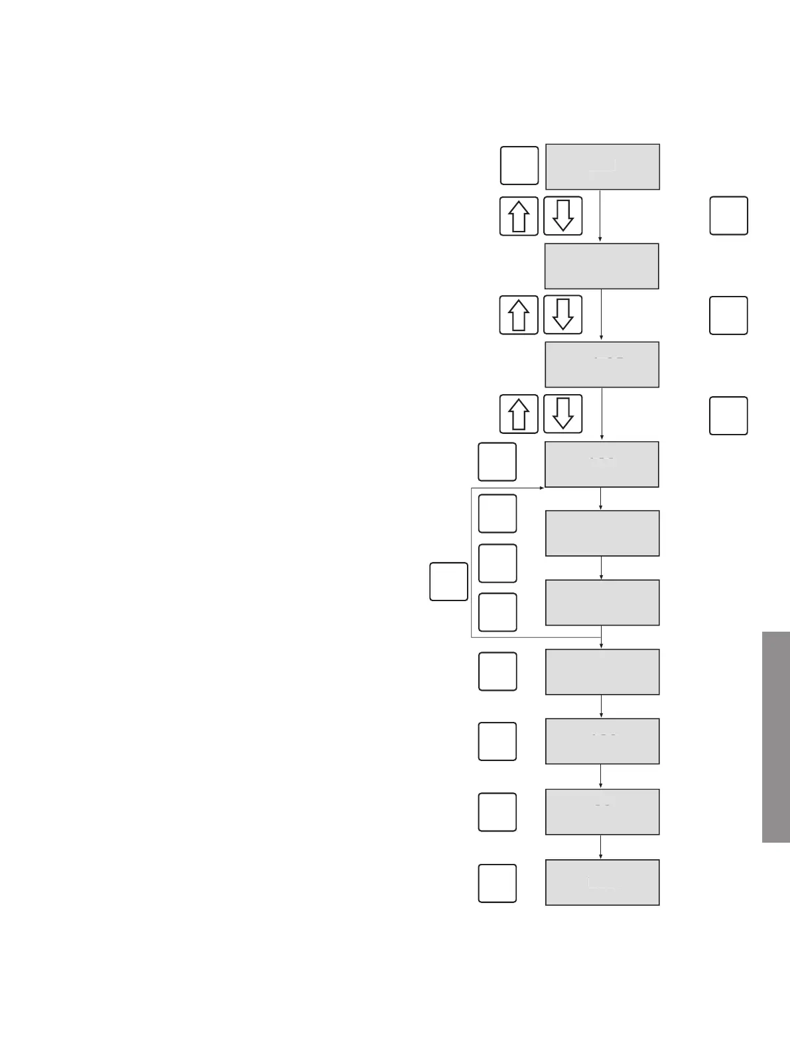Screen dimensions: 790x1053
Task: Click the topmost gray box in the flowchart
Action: [x=602, y=167]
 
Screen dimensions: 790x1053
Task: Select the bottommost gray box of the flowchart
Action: [x=602, y=882]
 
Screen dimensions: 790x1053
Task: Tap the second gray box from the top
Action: [x=602, y=266]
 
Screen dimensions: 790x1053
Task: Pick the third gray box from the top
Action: [x=602, y=364]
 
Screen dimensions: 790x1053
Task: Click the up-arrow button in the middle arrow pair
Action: [x=519, y=315]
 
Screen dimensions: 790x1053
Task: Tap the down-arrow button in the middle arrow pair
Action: [x=562, y=315]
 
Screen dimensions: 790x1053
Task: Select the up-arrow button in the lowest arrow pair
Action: [x=519, y=414]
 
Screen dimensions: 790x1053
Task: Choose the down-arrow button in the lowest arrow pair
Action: [x=562, y=414]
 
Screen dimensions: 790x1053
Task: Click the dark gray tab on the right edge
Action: [x=776, y=737]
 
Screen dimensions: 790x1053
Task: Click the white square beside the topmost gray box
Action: [x=519, y=165]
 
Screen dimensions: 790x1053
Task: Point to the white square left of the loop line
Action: [x=449, y=581]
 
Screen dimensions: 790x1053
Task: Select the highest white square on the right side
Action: [x=729, y=216]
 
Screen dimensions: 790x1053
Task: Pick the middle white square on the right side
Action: [x=729, y=315]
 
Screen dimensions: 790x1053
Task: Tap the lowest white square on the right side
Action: [x=729, y=415]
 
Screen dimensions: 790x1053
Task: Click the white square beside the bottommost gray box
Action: [x=497, y=883]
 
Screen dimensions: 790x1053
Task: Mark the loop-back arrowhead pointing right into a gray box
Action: [x=541, y=488]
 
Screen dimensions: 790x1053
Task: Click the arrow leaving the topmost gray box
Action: [x=601, y=216]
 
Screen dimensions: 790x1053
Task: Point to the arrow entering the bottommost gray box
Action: [x=601, y=847]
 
